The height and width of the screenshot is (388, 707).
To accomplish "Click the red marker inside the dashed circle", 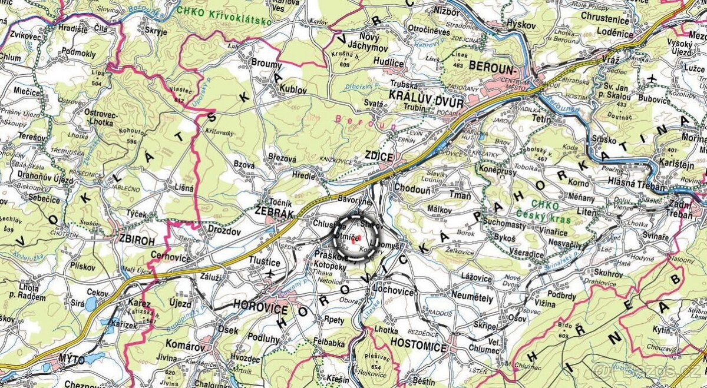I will pyautogui.click(x=353, y=240).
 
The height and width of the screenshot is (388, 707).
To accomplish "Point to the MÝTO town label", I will pyautogui.click(x=72, y=359).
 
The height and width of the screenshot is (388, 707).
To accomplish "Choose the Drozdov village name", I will pyautogui.click(x=222, y=231).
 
